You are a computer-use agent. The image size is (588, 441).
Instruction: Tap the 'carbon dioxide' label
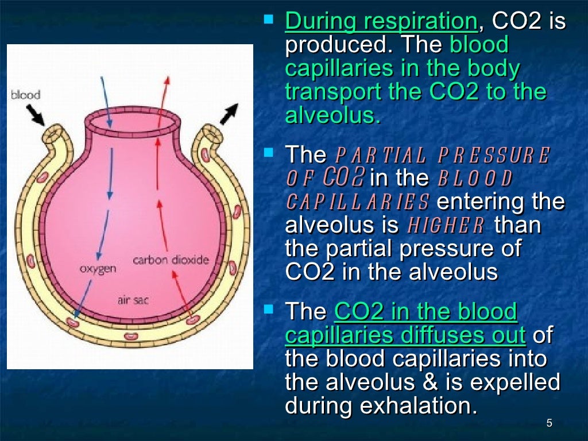[x=171, y=260]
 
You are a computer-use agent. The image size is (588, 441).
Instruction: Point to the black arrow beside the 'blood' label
[x=36, y=115]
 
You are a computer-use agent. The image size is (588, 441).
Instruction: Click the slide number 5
[x=549, y=424]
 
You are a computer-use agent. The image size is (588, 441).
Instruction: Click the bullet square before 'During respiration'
[x=268, y=20]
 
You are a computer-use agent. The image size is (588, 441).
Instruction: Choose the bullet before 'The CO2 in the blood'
[x=268, y=310]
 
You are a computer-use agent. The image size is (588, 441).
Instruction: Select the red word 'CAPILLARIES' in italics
[x=358, y=202]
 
